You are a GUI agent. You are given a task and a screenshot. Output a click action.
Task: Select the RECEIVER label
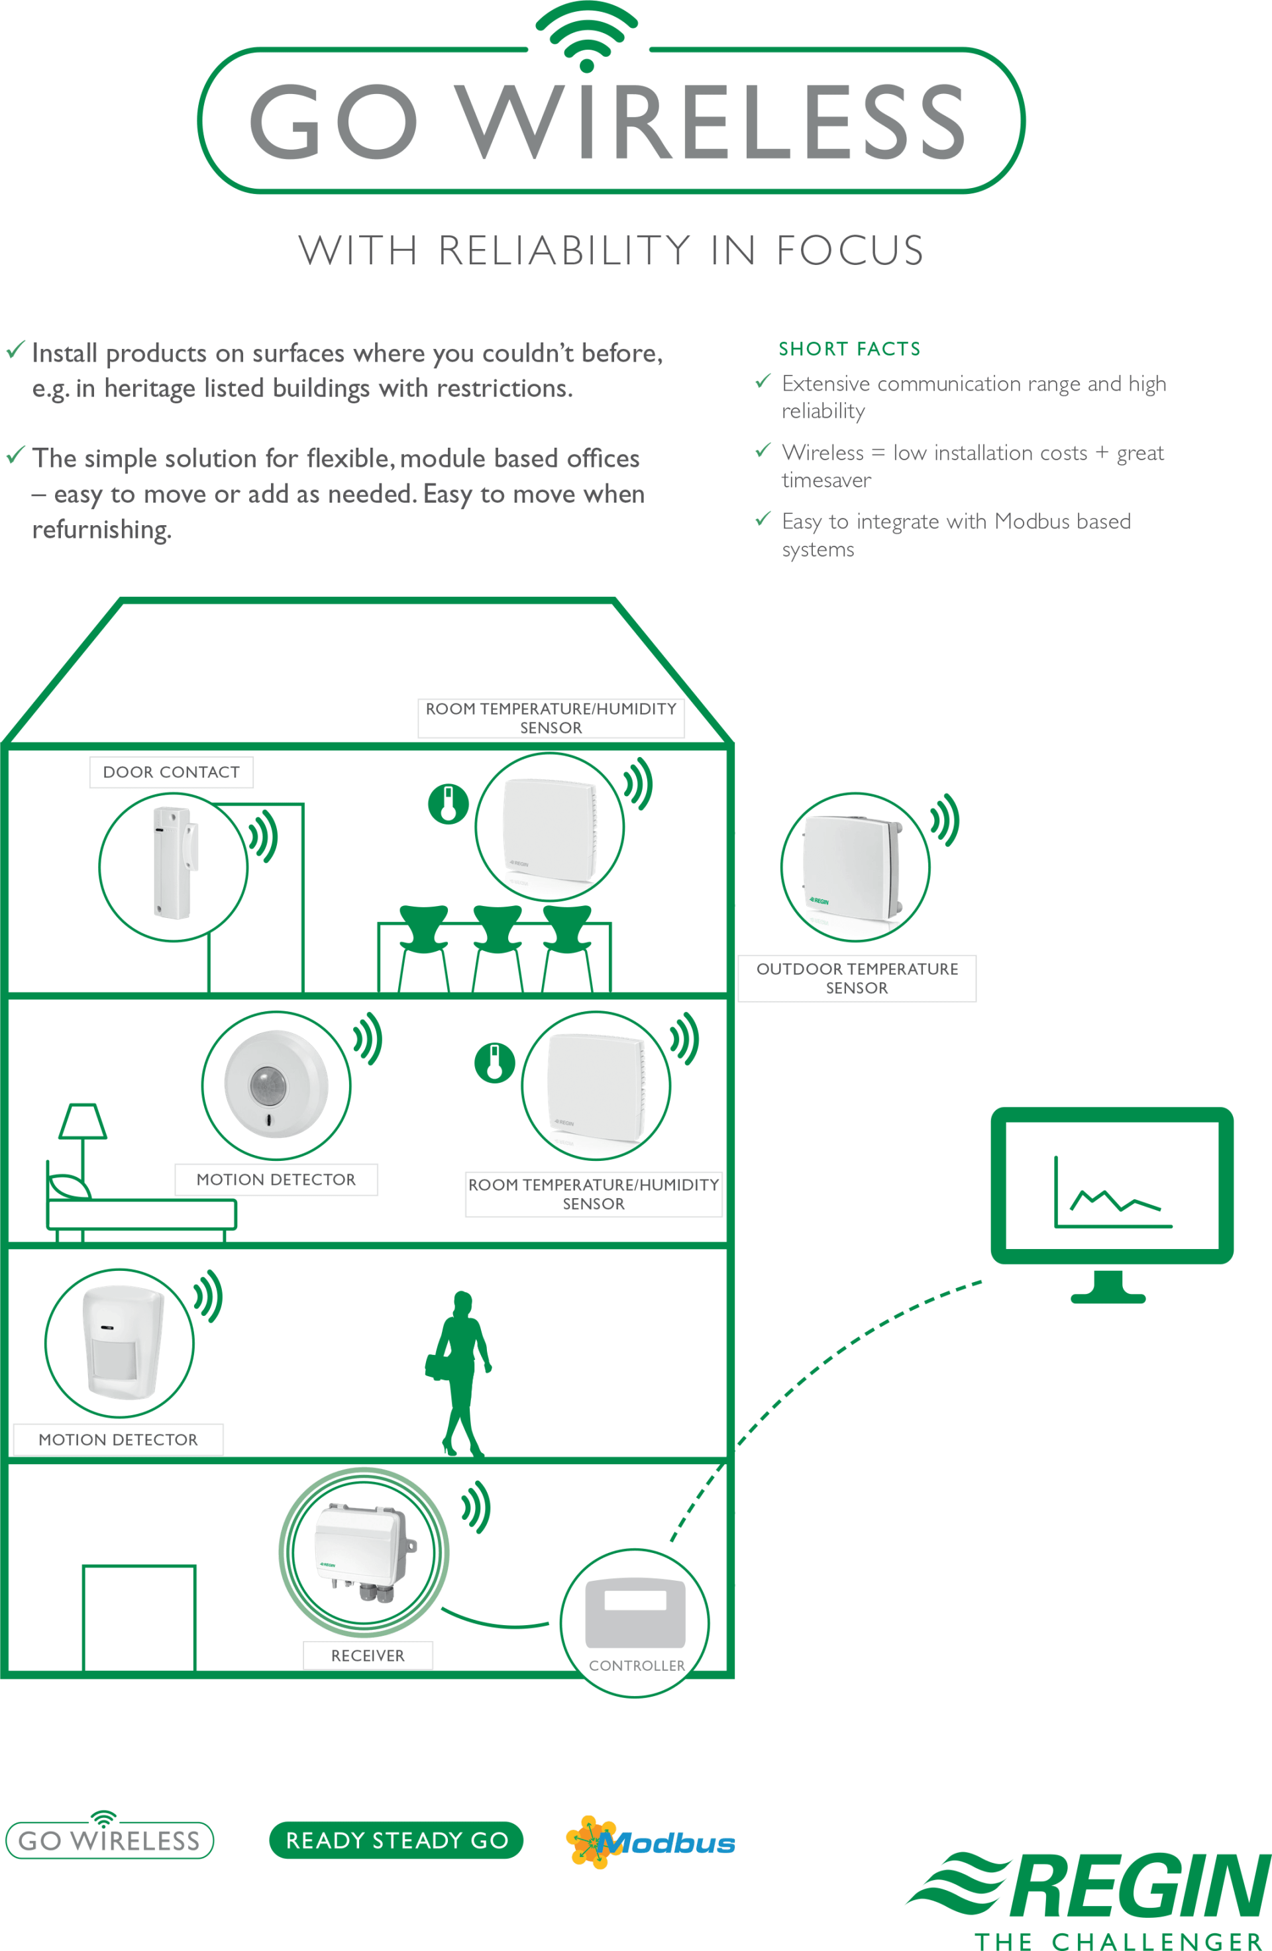coord(368,1655)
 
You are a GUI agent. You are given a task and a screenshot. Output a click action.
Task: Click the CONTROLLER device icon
coord(635,1613)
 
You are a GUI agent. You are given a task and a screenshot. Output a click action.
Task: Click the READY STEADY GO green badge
coord(396,1840)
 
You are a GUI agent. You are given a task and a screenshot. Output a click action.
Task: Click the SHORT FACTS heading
coord(849,348)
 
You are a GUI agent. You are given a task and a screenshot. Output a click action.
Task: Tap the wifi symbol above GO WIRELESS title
coord(586,36)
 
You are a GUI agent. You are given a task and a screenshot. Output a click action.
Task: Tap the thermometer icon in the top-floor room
coord(448,803)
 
